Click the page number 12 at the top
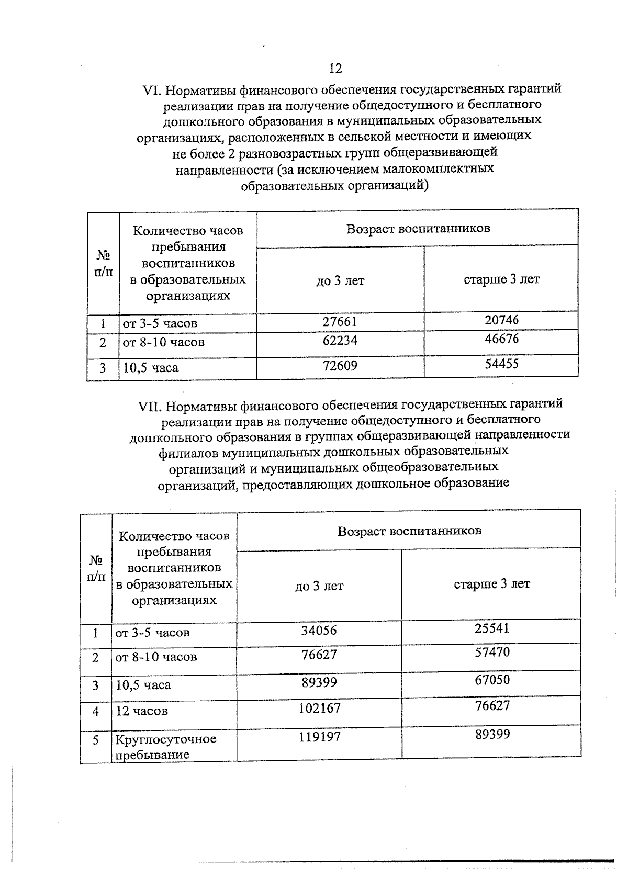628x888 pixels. [335, 69]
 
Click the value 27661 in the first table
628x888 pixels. [340, 321]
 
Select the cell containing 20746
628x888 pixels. [501, 319]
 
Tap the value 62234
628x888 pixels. [340, 341]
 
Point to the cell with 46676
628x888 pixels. [501, 339]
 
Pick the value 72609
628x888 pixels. [340, 366]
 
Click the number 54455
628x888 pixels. [501, 364]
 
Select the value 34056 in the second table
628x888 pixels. [319, 631]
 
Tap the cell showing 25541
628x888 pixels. [491, 628]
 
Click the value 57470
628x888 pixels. [491, 653]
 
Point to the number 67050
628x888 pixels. [491, 680]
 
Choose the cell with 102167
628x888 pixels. [319, 709]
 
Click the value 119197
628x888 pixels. [319, 737]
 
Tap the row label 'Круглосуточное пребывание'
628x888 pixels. [165, 747]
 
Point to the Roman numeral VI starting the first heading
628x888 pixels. [153, 90]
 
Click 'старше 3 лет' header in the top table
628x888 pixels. [501, 279]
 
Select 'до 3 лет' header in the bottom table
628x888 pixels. [319, 586]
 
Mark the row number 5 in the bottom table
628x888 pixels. [96, 740]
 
